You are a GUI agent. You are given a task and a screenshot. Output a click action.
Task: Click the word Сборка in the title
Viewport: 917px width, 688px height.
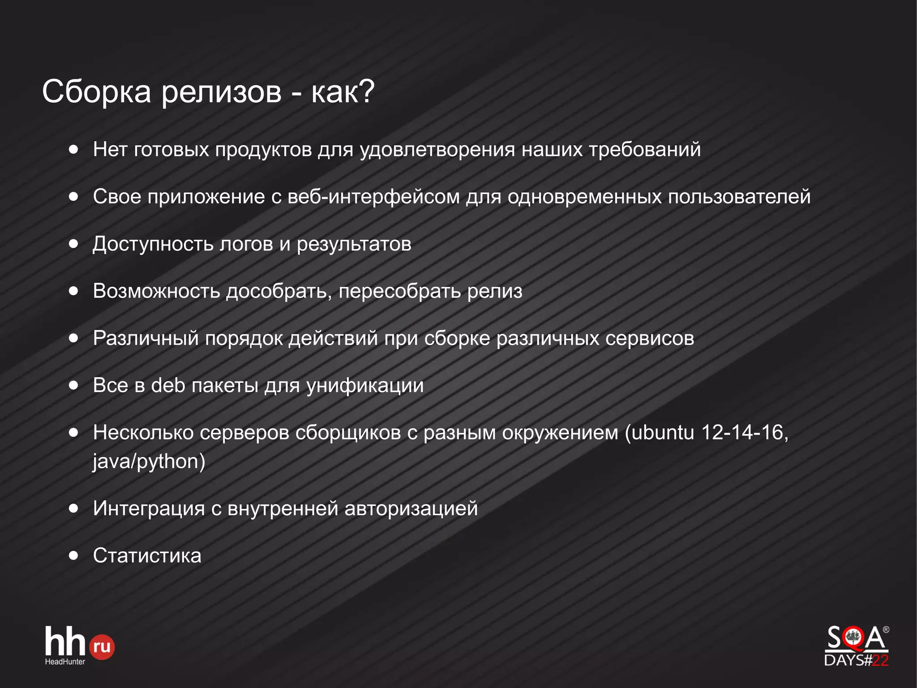coord(96,92)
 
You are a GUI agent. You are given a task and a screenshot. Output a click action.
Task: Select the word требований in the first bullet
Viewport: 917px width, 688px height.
coord(645,150)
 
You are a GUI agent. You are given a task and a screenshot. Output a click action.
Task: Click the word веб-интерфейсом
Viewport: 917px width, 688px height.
coord(373,197)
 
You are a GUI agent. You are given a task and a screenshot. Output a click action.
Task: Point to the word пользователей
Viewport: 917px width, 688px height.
coord(739,197)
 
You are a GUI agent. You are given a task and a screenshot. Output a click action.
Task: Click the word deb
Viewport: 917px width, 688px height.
coord(168,385)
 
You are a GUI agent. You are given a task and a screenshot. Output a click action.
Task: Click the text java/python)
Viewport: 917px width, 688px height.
coord(149,462)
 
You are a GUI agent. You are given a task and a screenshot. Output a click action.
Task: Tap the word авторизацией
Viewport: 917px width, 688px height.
coord(411,509)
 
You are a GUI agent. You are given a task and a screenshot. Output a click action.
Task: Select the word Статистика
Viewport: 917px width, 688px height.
coord(147,556)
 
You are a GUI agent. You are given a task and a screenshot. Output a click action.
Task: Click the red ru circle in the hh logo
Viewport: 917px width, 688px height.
coord(102,647)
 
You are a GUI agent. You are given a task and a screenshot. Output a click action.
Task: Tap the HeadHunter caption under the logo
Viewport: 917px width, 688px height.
coord(65,662)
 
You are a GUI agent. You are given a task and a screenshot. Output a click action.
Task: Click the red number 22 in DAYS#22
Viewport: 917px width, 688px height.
coord(880,660)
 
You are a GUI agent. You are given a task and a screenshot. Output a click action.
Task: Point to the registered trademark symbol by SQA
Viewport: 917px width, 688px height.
coord(886,630)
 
